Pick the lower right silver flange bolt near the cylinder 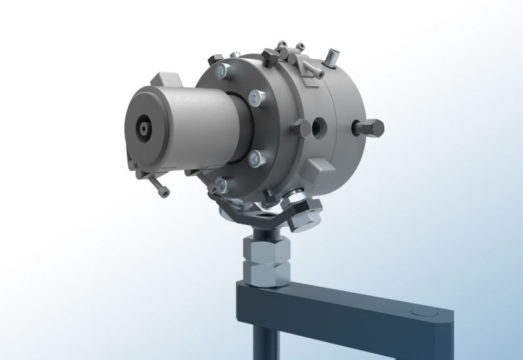click(x=256, y=156)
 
